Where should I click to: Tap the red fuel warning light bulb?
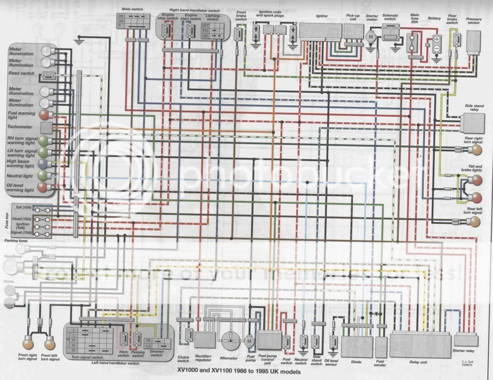[x=44, y=115]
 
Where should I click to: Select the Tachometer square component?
[x=46, y=128]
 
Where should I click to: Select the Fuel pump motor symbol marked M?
[x=249, y=341]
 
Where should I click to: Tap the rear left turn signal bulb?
[x=474, y=222]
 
